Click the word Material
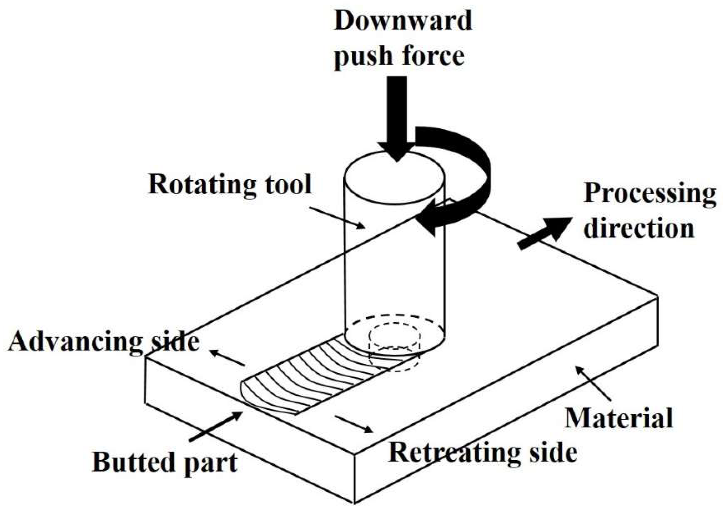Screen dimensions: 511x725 click(619, 418)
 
